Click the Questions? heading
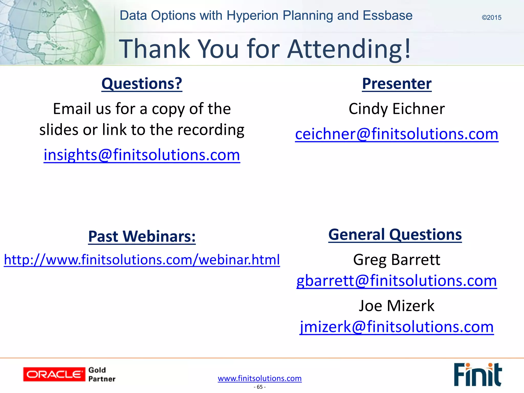[x=142, y=83]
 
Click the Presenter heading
[x=397, y=83]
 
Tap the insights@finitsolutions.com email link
[x=142, y=155]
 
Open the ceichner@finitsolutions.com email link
[x=397, y=134]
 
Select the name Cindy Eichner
[x=397, y=109]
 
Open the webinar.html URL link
[x=142, y=259]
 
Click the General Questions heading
[x=395, y=234]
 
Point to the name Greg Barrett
[x=397, y=259]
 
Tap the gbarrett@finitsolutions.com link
[x=397, y=280]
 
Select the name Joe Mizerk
[x=397, y=305]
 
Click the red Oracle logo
[x=54, y=374]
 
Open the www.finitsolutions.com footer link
[x=260, y=378]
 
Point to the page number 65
[x=260, y=387]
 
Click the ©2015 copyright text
[x=491, y=18]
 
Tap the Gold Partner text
[x=102, y=374]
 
